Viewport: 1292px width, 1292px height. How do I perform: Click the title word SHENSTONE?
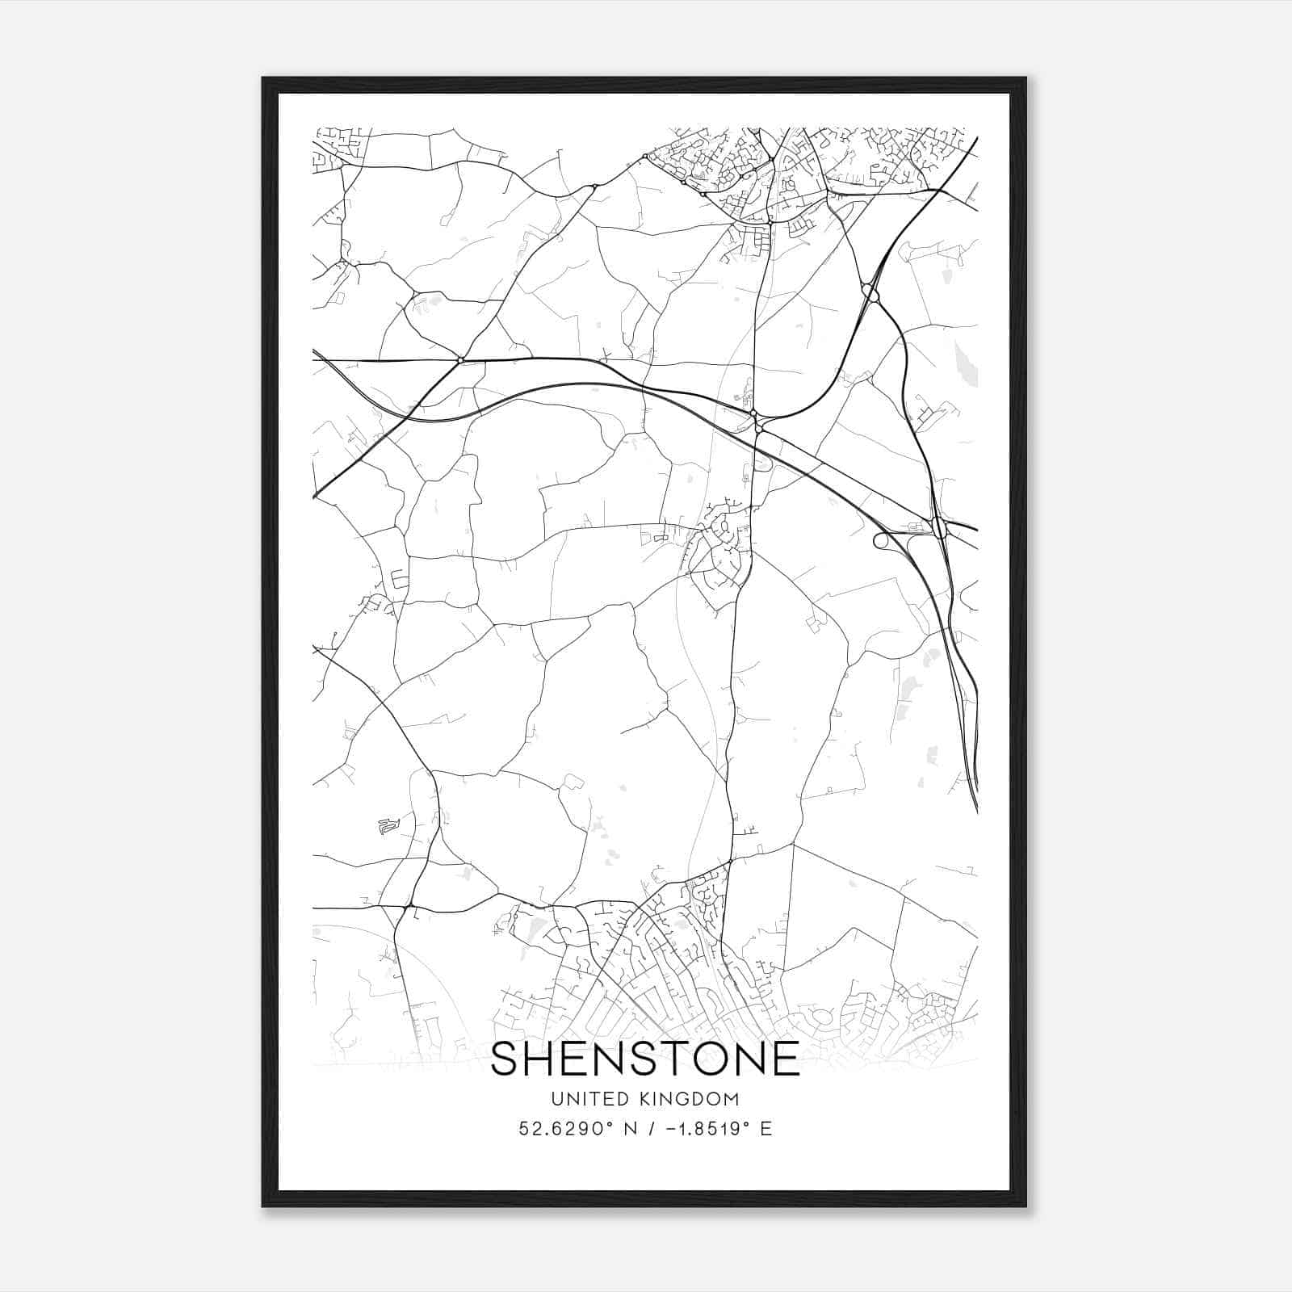click(x=644, y=1059)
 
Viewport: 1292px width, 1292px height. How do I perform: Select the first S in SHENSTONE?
click(x=509, y=1059)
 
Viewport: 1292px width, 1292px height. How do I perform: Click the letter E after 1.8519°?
click(x=767, y=1129)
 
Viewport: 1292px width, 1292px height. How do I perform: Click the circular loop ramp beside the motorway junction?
click(x=882, y=539)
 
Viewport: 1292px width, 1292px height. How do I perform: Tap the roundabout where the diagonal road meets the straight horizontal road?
click(x=460, y=359)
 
